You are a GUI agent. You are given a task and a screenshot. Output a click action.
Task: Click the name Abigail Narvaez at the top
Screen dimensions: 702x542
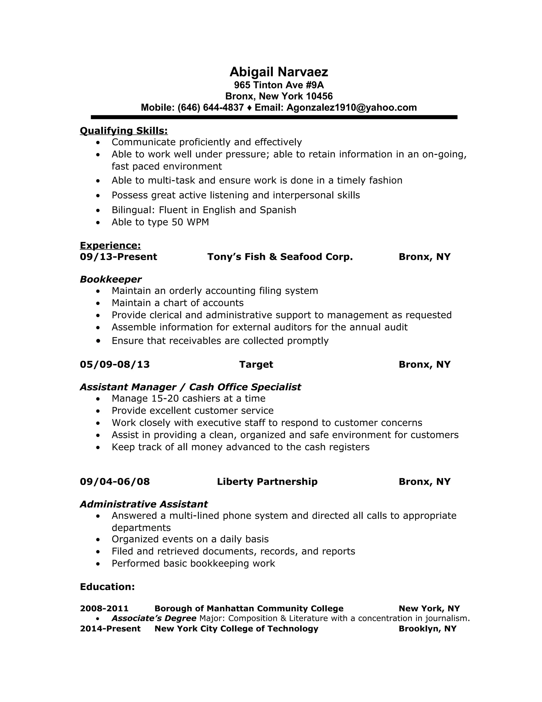(279, 72)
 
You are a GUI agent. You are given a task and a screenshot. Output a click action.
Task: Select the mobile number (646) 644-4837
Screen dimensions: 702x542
(211, 108)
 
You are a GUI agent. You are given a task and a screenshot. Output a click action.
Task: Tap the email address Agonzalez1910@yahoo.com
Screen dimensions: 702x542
(352, 108)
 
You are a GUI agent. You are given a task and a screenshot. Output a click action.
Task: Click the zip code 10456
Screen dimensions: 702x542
(319, 96)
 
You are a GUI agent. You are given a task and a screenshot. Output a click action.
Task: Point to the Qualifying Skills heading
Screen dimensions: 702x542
(124, 131)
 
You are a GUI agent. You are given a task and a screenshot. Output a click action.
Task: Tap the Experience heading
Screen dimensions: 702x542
(110, 246)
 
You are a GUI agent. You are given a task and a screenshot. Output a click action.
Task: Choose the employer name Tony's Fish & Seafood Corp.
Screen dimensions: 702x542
(280, 257)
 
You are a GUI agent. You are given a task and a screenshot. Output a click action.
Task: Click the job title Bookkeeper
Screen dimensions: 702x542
(110, 279)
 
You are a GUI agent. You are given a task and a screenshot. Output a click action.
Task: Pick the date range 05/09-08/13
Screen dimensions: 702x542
(115, 365)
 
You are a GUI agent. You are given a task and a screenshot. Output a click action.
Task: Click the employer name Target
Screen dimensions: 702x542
(256, 365)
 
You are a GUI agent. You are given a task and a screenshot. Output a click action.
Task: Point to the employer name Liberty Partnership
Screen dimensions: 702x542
(267, 482)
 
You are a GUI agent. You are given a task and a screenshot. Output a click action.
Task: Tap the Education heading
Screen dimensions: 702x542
(107, 587)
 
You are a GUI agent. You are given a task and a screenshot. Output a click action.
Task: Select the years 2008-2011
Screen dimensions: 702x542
(104, 608)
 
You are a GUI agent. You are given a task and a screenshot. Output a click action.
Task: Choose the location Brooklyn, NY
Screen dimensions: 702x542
(427, 629)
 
